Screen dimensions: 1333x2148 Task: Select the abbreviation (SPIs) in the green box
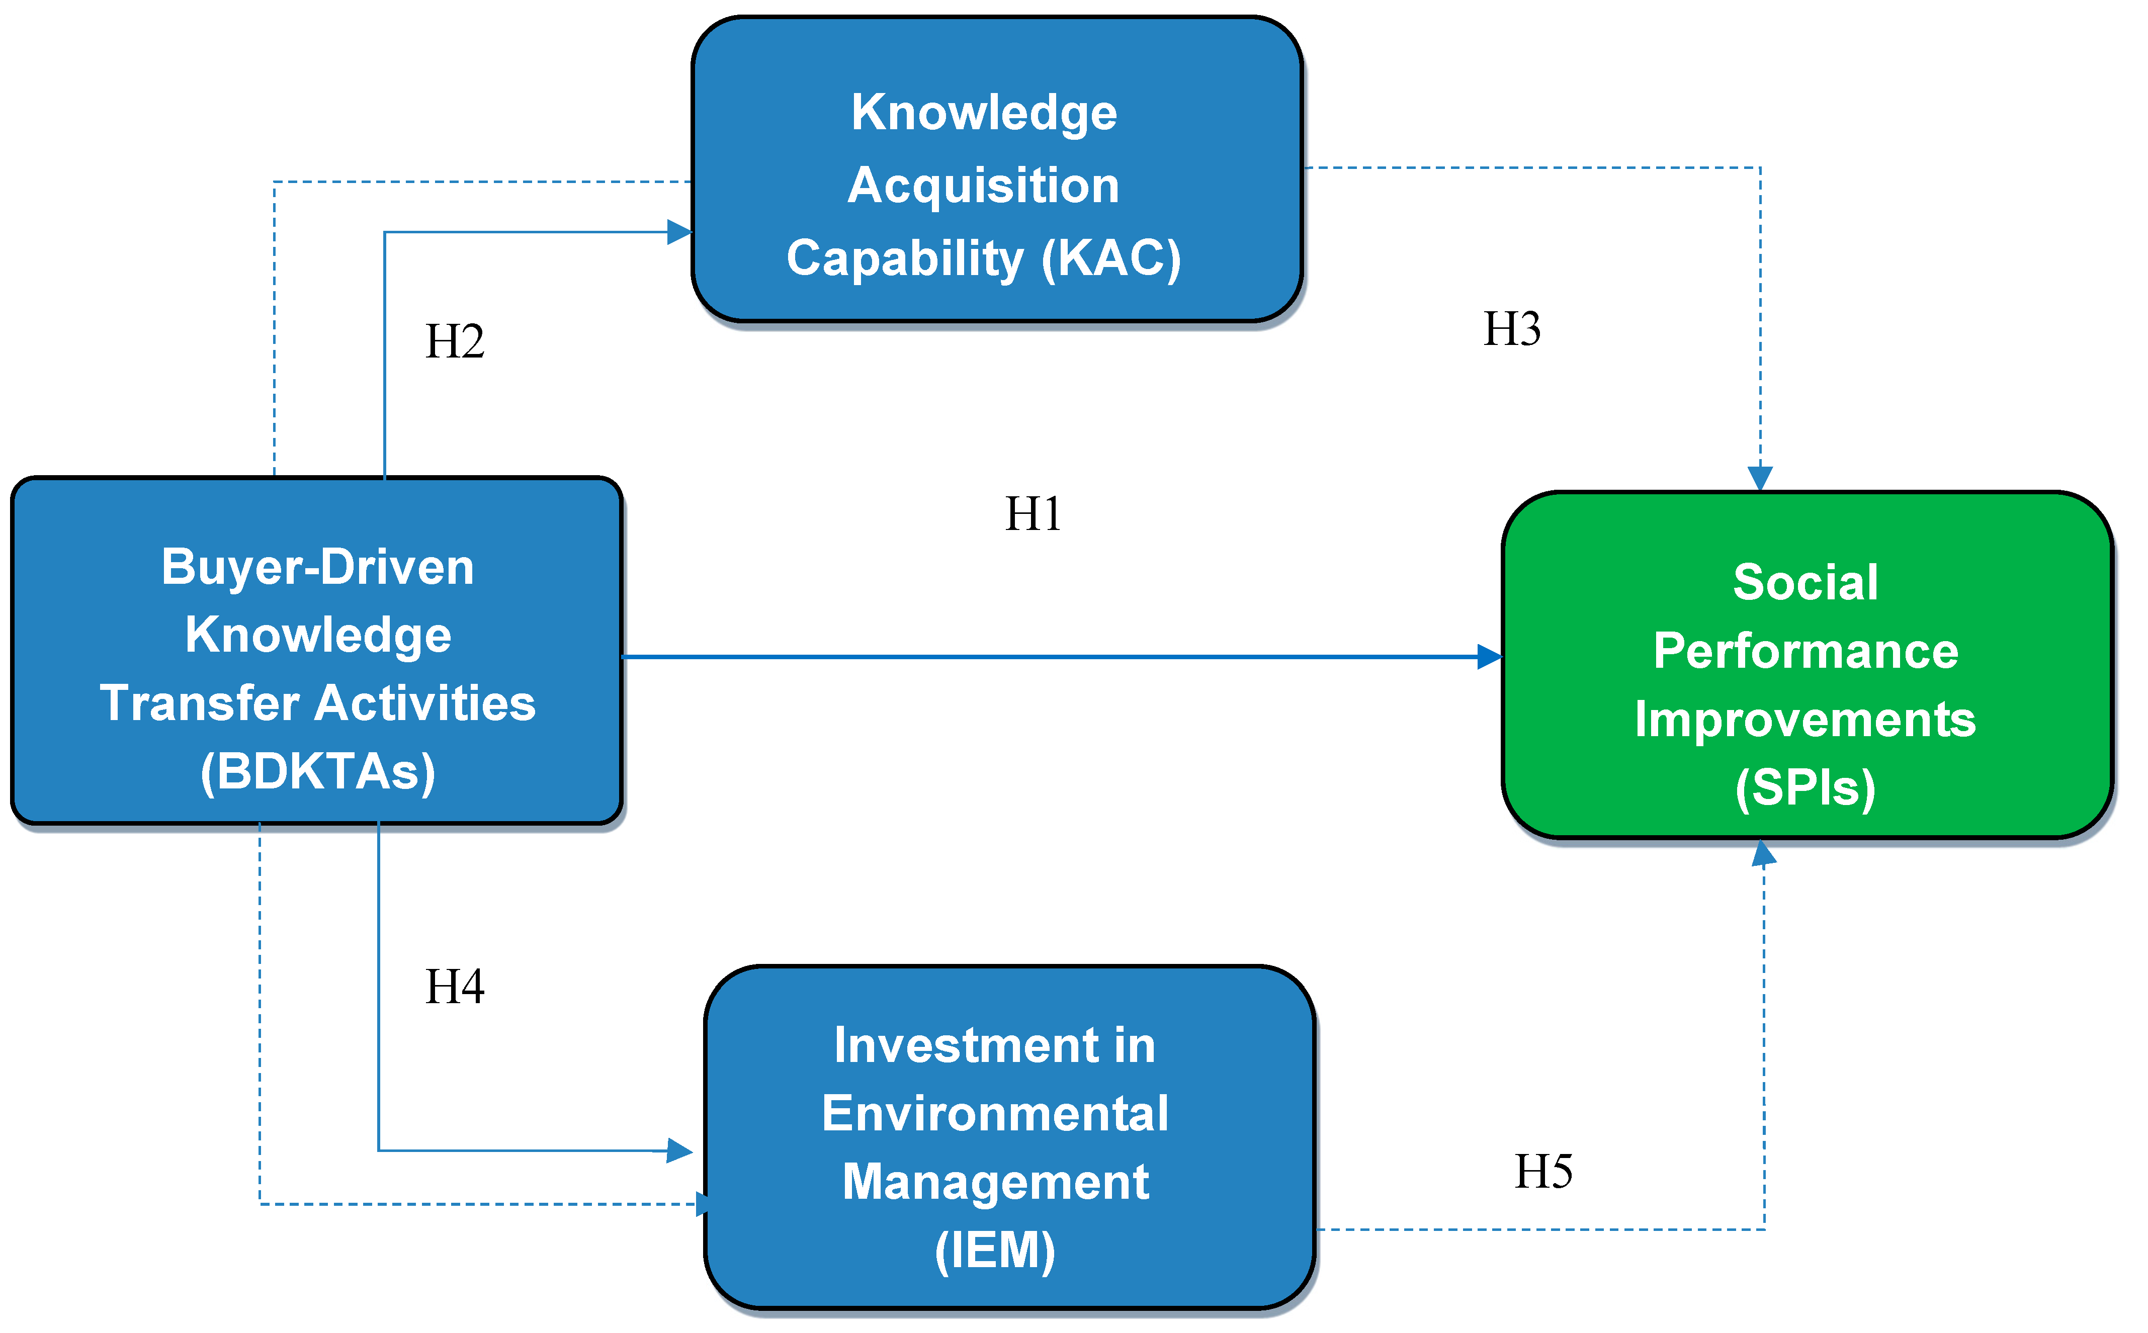pos(1805,787)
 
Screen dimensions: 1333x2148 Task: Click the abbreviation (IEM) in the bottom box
pos(995,1250)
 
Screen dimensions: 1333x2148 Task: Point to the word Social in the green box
pos(1805,583)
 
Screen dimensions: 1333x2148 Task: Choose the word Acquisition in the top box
pos(983,186)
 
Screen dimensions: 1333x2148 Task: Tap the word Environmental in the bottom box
pos(995,1113)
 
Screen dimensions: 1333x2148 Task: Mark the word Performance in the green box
pos(1805,652)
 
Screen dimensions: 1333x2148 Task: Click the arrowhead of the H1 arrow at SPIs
pos(1489,657)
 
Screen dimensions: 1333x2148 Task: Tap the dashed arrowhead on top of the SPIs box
pos(1760,479)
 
